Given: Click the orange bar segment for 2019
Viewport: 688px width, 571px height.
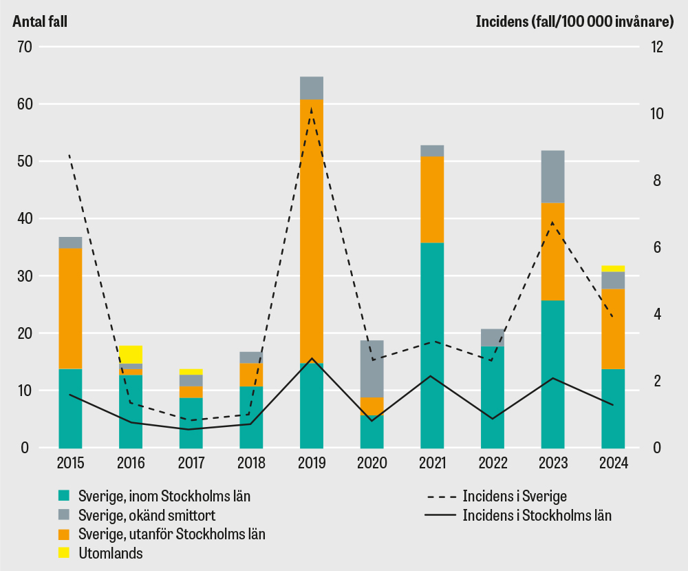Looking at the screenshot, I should click(x=312, y=231).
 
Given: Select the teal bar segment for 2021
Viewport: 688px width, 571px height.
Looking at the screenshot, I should click(x=432, y=344).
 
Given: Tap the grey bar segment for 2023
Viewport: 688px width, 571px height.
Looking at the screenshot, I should click(x=552, y=176).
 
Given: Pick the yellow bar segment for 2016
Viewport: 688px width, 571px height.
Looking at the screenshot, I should click(x=131, y=354).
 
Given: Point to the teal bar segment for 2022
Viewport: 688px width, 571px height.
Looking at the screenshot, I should click(x=493, y=397).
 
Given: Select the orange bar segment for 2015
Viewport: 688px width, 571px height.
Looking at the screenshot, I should click(x=70, y=309).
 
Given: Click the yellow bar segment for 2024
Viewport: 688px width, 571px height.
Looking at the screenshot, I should click(x=613, y=269).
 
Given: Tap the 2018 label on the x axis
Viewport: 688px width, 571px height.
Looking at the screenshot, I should click(x=251, y=463).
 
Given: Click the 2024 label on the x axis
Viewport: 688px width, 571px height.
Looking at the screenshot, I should click(x=613, y=463).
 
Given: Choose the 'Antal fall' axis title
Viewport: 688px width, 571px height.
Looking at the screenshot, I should click(x=39, y=21).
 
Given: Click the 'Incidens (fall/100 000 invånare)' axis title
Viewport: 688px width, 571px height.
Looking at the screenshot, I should click(x=574, y=21).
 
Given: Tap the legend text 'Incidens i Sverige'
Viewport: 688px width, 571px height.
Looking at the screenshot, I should click(x=515, y=495).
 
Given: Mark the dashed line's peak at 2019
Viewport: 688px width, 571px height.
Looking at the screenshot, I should click(x=312, y=108).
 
